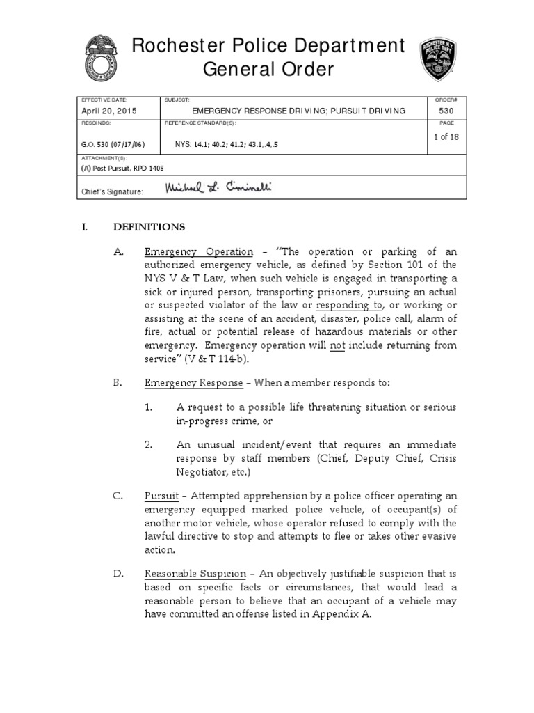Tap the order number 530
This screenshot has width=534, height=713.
pos(446,111)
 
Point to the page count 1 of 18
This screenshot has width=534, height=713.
pos(446,136)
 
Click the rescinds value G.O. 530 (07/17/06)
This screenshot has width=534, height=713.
pos(113,145)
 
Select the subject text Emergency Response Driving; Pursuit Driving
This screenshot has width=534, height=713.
pos(298,111)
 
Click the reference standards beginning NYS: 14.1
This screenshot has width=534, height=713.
pos(230,145)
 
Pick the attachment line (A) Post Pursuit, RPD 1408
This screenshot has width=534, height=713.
pos(123,168)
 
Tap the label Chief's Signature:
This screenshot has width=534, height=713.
pos(113,191)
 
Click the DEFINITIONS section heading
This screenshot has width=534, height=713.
pos(149,227)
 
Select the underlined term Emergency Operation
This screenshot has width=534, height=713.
pos(199,251)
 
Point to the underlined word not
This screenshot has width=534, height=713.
pos(337,346)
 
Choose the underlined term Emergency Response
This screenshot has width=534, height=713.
pos(194,383)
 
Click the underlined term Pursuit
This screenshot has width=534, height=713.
pos(161,496)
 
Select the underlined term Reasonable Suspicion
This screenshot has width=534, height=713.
pos(195,574)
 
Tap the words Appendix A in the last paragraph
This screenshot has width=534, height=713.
pos(343,614)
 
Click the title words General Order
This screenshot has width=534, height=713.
pos(268,69)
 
